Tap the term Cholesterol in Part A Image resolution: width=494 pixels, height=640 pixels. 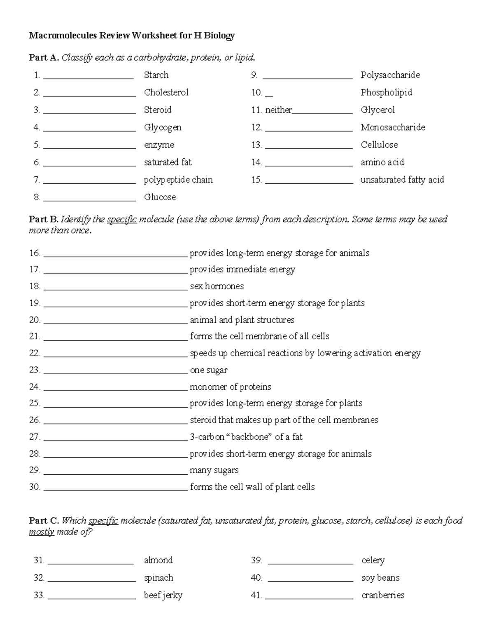pyautogui.click(x=166, y=92)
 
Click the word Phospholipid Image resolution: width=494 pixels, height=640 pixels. pyautogui.click(x=386, y=92)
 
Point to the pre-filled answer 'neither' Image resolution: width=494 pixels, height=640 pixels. pyautogui.click(x=278, y=110)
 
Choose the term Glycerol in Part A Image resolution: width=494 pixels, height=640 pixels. pyautogui.click(x=377, y=110)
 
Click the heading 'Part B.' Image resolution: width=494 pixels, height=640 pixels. pyautogui.click(x=43, y=219)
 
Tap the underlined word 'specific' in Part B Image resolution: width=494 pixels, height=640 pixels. pyautogui.click(x=121, y=219)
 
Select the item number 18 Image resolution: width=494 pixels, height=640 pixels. pyautogui.click(x=35, y=286)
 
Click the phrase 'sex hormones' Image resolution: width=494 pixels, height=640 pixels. pyautogui.click(x=217, y=286)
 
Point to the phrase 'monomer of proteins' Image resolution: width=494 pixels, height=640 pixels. pyautogui.click(x=230, y=387)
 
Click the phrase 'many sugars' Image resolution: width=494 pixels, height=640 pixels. pyautogui.click(x=214, y=470)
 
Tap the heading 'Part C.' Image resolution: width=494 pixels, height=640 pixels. pyautogui.click(x=44, y=520)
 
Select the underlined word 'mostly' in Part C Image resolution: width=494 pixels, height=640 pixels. pyautogui.click(x=41, y=532)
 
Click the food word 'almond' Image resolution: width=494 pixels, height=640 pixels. pyautogui.click(x=158, y=560)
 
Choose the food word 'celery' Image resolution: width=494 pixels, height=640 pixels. pyautogui.click(x=373, y=560)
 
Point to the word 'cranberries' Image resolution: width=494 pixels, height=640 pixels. pyautogui.click(x=382, y=595)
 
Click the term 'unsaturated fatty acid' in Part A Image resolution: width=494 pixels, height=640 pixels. pyautogui.click(x=402, y=180)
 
